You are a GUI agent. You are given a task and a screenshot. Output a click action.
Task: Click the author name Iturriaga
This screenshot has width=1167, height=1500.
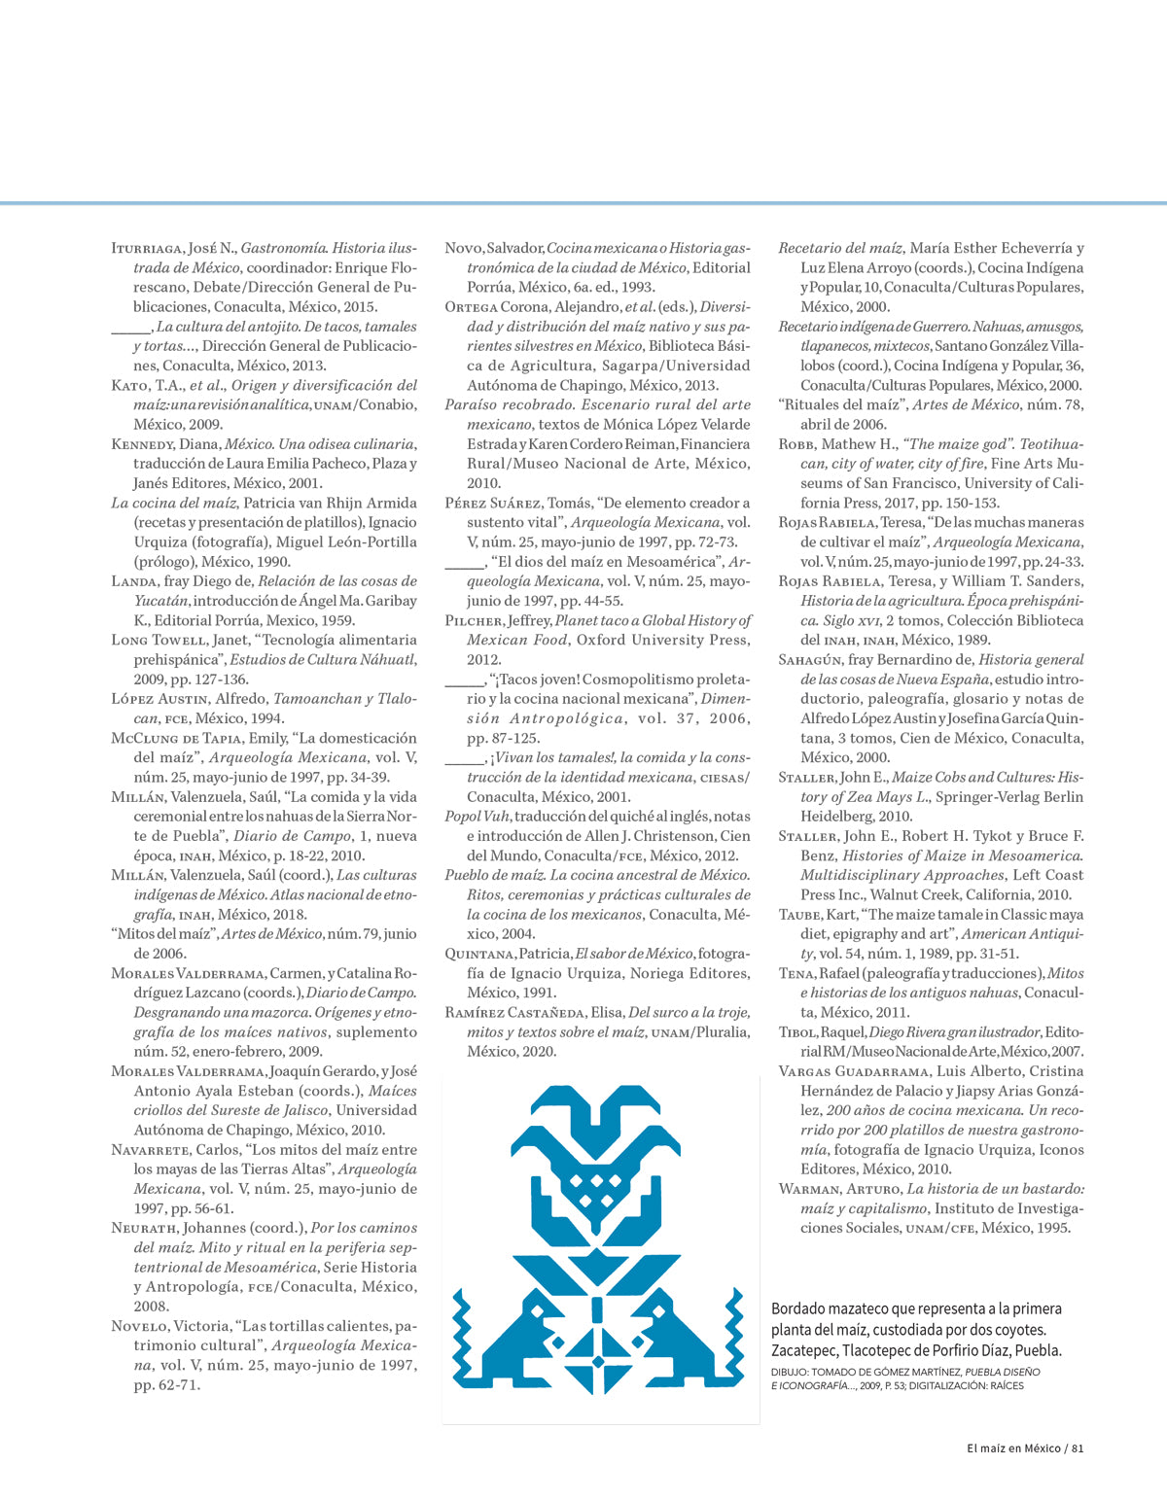pyautogui.click(x=148, y=249)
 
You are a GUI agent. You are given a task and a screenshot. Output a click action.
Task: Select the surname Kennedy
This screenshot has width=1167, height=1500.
pyautogui.click(x=142, y=444)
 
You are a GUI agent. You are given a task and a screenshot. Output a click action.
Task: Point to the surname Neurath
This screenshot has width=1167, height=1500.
pyautogui.click(x=144, y=1228)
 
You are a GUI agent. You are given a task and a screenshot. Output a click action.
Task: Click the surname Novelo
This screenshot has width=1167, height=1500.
pyautogui.click(x=140, y=1326)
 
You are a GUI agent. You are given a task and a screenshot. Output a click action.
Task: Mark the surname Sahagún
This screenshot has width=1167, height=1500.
pyautogui.click(x=811, y=660)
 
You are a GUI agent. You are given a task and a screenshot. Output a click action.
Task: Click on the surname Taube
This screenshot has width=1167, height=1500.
pyautogui.click(x=800, y=915)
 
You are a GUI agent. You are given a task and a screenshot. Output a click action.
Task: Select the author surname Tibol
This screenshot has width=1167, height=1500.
pyautogui.click(x=797, y=1032)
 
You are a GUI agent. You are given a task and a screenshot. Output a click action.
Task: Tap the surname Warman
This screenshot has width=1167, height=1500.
pyautogui.click(x=809, y=1189)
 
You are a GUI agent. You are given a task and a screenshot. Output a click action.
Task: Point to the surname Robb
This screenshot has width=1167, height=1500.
pyautogui.click(x=796, y=444)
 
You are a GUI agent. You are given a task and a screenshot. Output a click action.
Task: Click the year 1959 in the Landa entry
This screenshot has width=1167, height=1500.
pyautogui.click(x=337, y=620)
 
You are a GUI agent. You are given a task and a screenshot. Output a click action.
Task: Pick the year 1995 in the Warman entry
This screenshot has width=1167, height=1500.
pyautogui.click(x=1052, y=1228)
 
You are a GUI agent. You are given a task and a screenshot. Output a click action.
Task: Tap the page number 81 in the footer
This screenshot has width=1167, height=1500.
pyautogui.click(x=1077, y=1448)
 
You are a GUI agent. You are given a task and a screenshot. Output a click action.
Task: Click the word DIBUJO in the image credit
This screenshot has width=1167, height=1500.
pyautogui.click(x=789, y=1372)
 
